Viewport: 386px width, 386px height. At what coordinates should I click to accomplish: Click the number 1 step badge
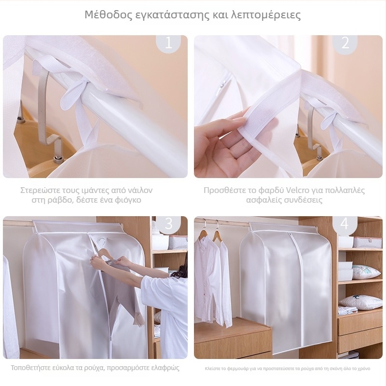168,43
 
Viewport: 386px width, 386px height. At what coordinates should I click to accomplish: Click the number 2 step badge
345,43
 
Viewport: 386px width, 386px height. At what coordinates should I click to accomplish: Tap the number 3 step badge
168,224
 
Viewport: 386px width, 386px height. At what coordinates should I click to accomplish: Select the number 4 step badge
345,224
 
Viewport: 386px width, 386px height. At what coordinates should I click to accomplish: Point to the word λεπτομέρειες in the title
266,15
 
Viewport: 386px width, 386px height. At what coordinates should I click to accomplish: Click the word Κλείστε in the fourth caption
212,369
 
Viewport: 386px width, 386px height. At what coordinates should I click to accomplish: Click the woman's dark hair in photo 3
181,272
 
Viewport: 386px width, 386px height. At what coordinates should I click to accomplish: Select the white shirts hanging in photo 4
213,281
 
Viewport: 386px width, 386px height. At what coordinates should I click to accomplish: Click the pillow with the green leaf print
366,272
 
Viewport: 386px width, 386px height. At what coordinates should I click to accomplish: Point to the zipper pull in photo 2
223,85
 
